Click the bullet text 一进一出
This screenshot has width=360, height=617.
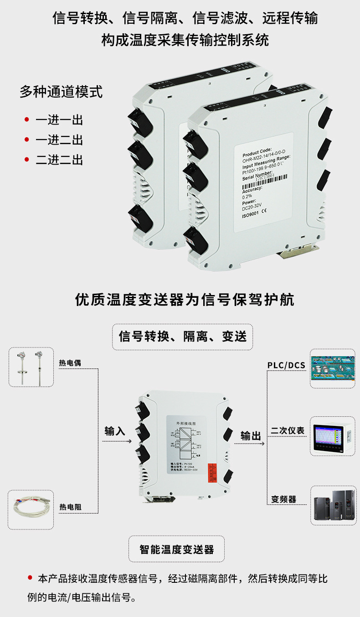point(59,120)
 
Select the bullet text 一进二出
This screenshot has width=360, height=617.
point(59,140)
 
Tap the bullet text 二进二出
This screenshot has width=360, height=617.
point(59,160)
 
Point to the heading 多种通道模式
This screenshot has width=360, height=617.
point(61,92)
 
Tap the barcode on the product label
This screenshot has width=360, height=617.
point(262,179)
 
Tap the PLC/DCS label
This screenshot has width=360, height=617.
point(286,365)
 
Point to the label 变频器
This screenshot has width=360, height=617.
point(283,499)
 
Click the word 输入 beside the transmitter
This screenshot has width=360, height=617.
point(115,430)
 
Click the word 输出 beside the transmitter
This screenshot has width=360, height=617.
point(251,436)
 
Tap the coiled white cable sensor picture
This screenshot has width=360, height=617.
point(31,510)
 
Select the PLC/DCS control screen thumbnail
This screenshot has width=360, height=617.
point(332,368)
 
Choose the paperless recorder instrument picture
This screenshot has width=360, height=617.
point(332,436)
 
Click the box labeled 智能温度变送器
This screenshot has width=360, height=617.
point(176,549)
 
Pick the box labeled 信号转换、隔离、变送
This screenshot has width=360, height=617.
point(182,337)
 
